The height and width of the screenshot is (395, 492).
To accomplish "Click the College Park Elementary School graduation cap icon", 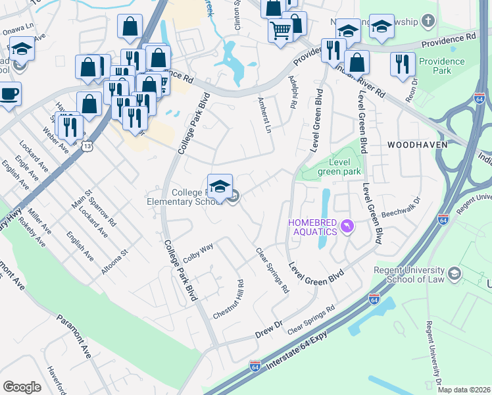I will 220,185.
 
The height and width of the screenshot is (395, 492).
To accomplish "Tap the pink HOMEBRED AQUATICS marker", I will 347,227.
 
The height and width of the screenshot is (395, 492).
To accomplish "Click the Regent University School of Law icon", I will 454,273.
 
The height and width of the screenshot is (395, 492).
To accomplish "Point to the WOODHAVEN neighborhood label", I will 417,144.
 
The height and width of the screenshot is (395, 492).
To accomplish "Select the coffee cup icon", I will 9,93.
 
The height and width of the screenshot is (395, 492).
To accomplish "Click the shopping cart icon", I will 280,29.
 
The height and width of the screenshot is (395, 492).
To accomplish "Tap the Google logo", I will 22,386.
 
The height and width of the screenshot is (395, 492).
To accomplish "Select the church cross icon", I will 428,22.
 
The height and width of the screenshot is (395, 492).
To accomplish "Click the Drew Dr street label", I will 268,327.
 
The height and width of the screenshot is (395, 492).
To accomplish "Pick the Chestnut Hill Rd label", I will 228,300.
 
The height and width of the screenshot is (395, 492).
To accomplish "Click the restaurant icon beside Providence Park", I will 402,64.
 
